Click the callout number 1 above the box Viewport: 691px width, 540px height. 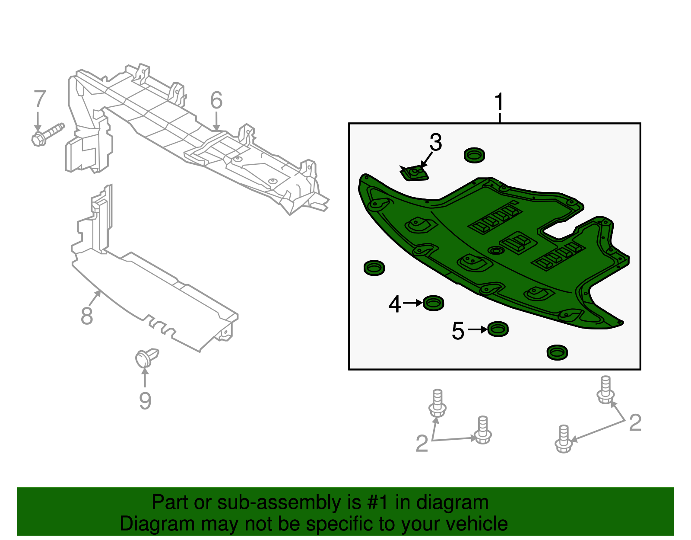(x=499, y=102)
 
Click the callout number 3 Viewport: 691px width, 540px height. (x=436, y=143)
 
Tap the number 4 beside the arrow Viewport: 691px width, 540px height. (x=395, y=304)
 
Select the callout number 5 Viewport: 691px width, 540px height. (x=458, y=331)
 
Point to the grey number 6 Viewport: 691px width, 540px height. (x=216, y=100)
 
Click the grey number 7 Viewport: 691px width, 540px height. (x=40, y=99)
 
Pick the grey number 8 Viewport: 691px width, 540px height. (x=87, y=316)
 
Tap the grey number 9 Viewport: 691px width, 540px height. (x=145, y=400)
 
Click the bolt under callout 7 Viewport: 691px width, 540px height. (x=47, y=134)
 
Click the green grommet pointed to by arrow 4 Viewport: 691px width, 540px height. (x=433, y=303)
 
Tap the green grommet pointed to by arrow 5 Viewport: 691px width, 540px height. (x=498, y=329)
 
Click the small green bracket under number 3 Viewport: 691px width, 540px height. (x=415, y=174)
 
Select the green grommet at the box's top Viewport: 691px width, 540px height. (x=474, y=155)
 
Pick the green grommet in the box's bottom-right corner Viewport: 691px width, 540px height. (x=557, y=352)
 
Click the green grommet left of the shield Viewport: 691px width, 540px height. (x=374, y=268)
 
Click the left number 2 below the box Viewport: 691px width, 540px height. (x=422, y=444)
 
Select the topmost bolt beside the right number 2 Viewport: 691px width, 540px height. (x=605, y=390)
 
